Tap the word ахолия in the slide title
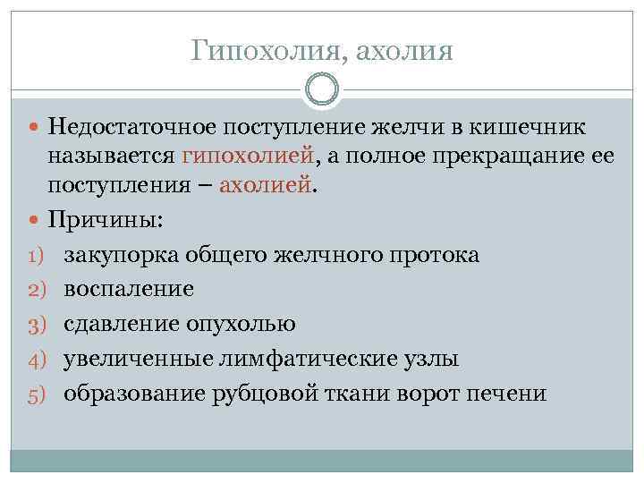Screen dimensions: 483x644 click(x=404, y=50)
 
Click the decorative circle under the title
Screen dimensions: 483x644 click(x=322, y=89)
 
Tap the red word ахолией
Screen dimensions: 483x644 click(x=267, y=187)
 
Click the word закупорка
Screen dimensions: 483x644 click(x=122, y=256)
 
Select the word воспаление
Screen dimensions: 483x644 click(x=129, y=290)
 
